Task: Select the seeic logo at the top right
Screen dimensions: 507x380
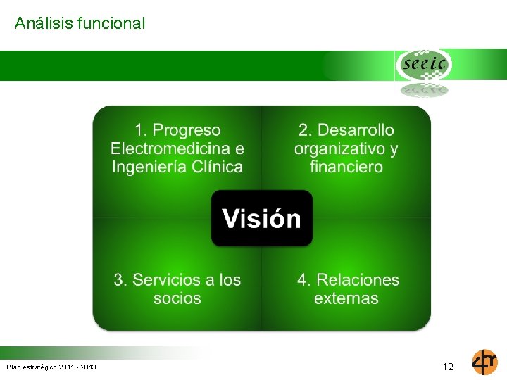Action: point(423,65)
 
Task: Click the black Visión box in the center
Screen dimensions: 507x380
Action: point(262,218)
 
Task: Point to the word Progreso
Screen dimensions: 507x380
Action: point(187,130)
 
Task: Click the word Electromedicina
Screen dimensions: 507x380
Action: point(171,148)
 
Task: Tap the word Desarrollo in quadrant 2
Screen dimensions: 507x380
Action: point(356,130)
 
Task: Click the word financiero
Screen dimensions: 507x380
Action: point(346,167)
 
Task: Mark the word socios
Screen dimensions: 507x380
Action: point(177,298)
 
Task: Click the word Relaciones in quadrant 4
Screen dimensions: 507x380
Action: point(358,280)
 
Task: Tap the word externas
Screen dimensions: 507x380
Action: point(346,298)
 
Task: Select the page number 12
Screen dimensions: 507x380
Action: point(448,367)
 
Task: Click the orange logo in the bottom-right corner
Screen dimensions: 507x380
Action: point(484,362)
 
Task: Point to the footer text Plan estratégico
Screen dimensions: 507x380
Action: point(32,367)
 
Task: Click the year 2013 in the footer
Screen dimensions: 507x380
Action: point(87,367)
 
